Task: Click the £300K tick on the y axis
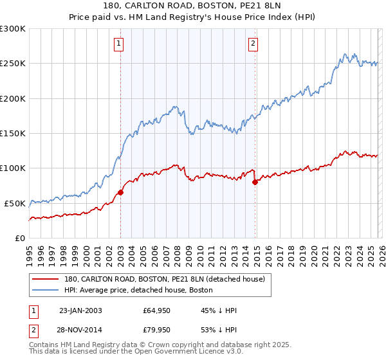pos(12,29)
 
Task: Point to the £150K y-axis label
pos(12,133)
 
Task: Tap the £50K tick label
pos(14,203)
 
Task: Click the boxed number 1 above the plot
pos(120,44)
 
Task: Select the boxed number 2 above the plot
pos(253,44)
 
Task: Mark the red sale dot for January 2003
pos(120,192)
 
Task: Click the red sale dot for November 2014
pos(255,182)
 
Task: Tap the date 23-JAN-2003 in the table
pos(80,310)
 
